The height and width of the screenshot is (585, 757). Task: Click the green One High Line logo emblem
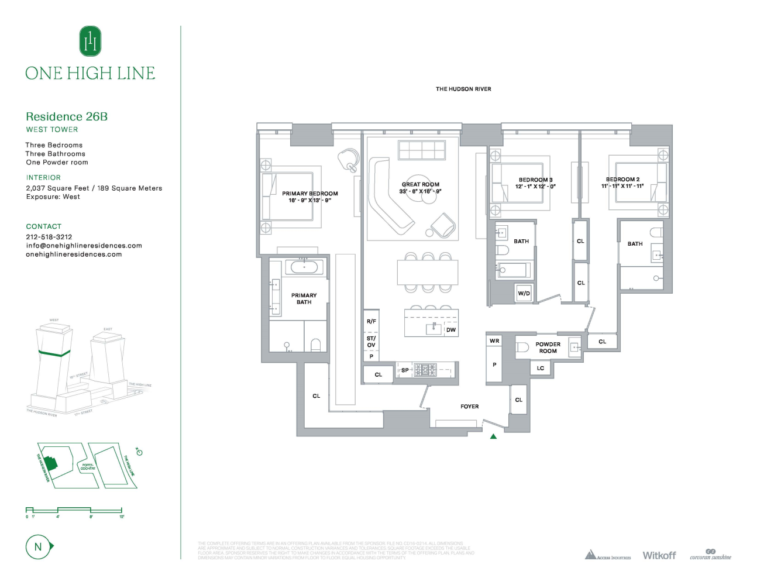(90, 42)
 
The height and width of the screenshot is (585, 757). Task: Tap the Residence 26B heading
(67, 116)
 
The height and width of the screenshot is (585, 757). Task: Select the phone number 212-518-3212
(49, 237)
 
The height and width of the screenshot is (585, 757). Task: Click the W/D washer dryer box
(524, 293)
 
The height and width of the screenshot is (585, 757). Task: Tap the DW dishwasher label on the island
(451, 330)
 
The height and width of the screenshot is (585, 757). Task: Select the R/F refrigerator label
(371, 321)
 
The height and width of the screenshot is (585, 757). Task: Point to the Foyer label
(469, 406)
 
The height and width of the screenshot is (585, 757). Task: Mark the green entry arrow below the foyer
(493, 436)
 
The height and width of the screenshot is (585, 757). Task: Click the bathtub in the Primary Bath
(304, 267)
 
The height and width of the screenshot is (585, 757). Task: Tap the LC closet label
(541, 368)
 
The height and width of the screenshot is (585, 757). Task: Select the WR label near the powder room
(494, 340)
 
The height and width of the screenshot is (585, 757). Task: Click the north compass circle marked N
(39, 547)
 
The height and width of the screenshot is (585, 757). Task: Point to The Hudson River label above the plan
(463, 89)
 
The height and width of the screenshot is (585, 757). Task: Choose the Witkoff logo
(659, 555)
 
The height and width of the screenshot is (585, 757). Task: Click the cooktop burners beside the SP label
(425, 370)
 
